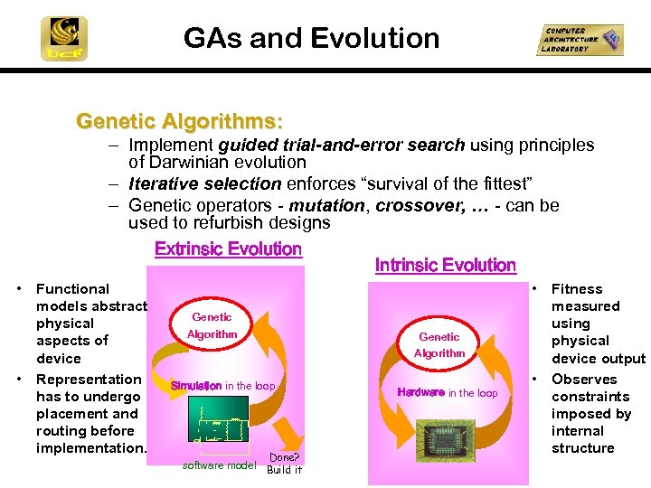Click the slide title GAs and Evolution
pos(311,38)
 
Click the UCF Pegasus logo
pos(64,39)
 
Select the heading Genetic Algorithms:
pos(179,120)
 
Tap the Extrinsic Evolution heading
pos(228,249)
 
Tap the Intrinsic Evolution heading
pos(445,265)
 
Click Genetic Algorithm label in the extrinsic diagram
pos(212,325)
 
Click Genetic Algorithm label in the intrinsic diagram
pos(439,344)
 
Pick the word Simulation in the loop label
pos(196,386)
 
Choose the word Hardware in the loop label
pos(421,392)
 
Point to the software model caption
pos(220,465)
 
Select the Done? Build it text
pos(284,463)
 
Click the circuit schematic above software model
pos(220,427)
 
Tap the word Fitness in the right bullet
pos(577,289)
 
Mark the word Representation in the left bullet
pos(89,380)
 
